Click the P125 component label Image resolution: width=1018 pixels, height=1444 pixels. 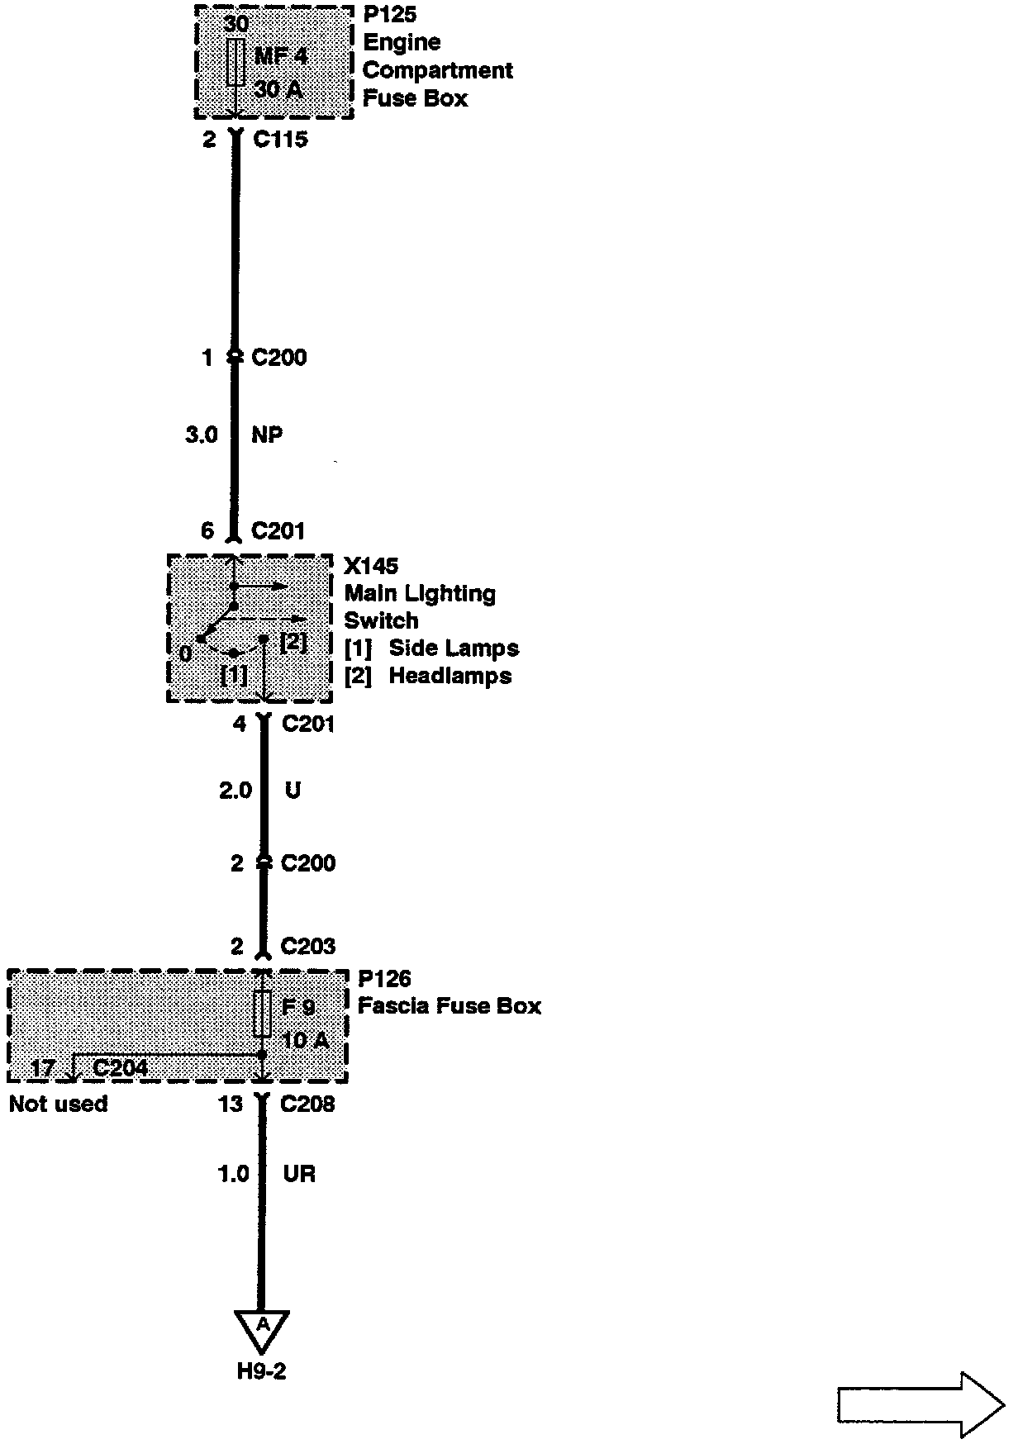point(389,15)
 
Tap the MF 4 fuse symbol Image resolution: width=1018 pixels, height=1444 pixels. point(235,61)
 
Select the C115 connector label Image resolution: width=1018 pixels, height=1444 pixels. point(280,140)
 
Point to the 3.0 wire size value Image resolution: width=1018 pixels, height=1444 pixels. point(202,435)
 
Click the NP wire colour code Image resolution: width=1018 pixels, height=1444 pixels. point(267,435)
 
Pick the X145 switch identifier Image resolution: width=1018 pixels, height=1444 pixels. point(371,567)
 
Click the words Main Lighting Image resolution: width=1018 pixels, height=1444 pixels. point(420,594)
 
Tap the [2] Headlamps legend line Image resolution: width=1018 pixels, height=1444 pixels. point(428,677)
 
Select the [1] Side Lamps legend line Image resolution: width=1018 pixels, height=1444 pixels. point(431,648)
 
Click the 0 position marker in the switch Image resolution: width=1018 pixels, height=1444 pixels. point(186,654)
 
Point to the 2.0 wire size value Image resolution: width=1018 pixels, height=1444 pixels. point(235,791)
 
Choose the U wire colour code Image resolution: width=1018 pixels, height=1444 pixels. point(293,791)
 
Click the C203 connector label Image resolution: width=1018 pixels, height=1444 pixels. point(308,947)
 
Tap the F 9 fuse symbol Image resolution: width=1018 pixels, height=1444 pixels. point(262,1014)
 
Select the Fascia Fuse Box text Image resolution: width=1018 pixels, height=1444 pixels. point(449,1007)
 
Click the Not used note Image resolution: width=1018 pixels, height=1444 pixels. point(59,1104)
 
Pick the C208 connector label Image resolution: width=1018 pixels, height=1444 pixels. point(307,1104)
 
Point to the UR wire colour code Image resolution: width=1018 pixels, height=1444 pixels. point(299,1174)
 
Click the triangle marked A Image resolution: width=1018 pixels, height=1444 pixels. point(262,1328)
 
